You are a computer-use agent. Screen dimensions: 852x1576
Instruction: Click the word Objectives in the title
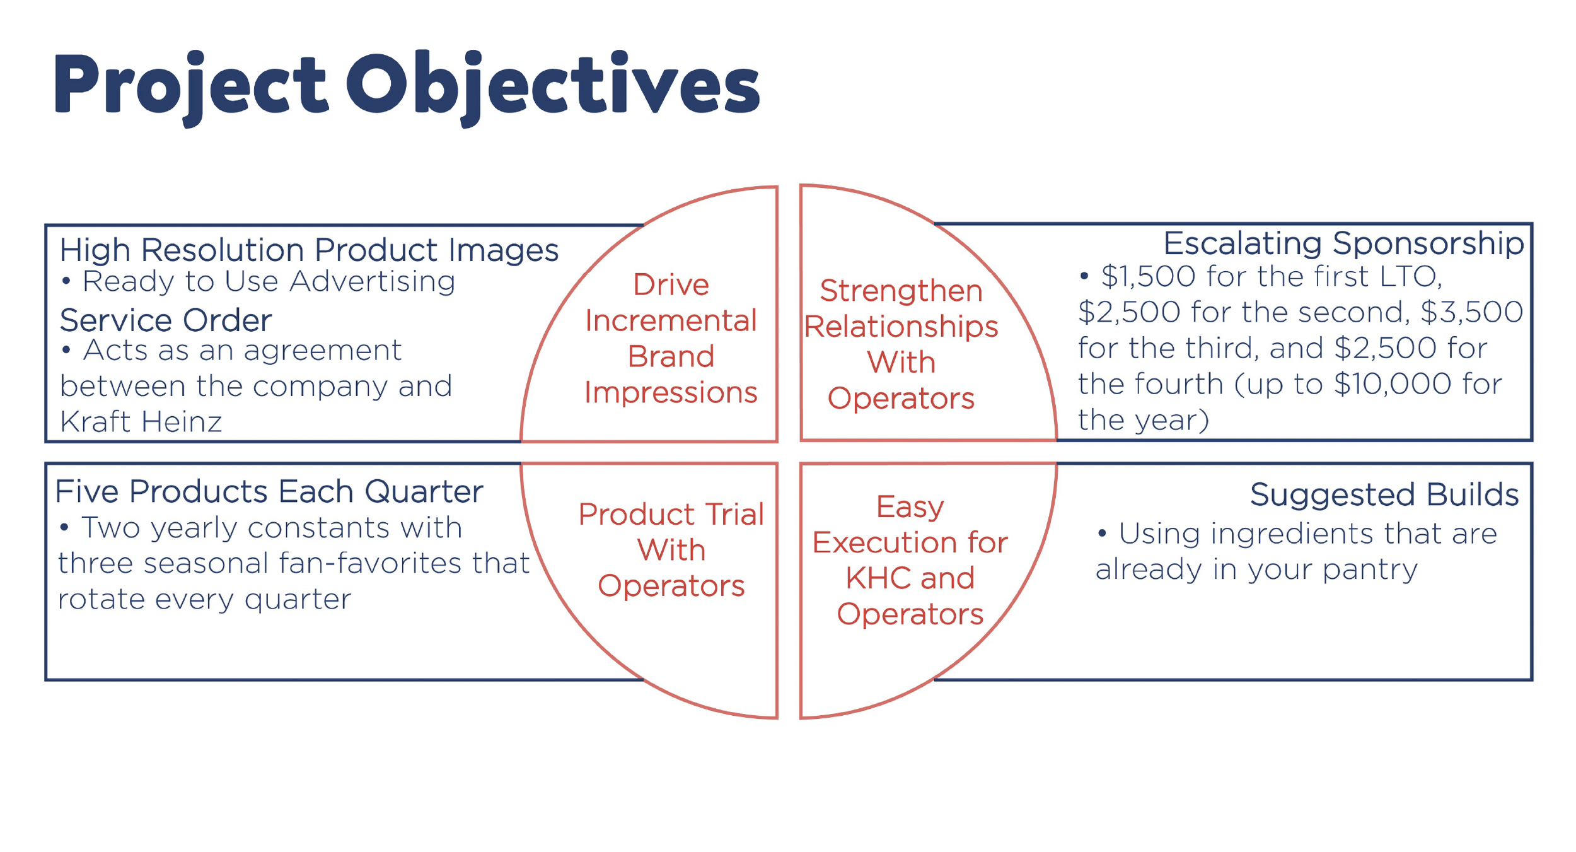tap(552, 85)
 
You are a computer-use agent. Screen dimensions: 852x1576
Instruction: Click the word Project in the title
tap(190, 85)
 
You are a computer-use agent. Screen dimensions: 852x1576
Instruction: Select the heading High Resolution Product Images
tap(309, 250)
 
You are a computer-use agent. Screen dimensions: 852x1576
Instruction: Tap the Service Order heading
tap(166, 320)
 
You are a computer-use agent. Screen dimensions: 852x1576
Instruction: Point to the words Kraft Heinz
tap(141, 422)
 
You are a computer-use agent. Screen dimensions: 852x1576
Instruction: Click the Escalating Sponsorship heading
tap(1343, 243)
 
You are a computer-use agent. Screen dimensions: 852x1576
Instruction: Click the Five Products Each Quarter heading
tap(269, 492)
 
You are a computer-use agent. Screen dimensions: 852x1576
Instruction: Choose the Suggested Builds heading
tap(1384, 494)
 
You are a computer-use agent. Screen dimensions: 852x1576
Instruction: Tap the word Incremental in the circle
tap(671, 321)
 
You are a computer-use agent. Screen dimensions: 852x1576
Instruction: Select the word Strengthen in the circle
tap(901, 291)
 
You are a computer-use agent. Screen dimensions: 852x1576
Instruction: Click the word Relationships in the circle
tap(901, 327)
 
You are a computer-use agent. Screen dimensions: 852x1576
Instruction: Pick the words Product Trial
tap(671, 515)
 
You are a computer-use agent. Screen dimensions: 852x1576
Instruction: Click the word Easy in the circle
tap(910, 507)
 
